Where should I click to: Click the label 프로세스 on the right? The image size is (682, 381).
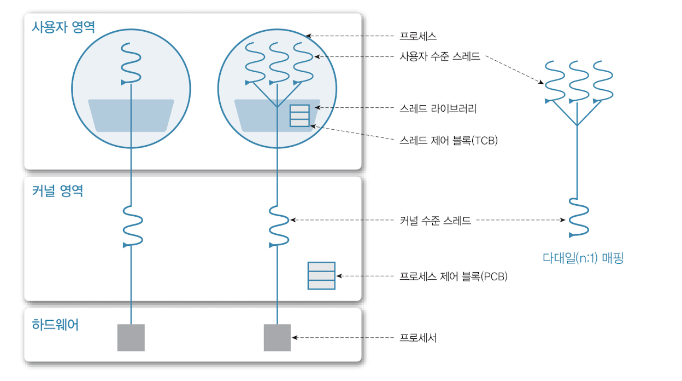(418, 36)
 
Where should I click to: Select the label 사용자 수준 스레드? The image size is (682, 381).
(440, 56)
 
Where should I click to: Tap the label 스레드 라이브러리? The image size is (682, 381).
(438, 108)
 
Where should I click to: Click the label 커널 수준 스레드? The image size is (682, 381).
(436, 221)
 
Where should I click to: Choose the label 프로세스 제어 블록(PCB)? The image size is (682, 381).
(454, 276)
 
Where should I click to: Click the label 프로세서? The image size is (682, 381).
(418, 338)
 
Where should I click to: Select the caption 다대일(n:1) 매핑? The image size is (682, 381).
(583, 258)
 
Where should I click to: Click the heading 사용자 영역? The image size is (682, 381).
(63, 27)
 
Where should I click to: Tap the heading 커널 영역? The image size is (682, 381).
(57, 191)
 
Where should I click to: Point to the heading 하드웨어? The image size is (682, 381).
(55, 325)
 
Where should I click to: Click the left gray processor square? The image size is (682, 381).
(131, 337)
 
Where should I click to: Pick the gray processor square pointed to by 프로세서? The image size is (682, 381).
(277, 337)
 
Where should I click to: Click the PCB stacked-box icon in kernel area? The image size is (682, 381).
(321, 276)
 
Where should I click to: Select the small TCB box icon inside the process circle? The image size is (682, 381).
(299, 116)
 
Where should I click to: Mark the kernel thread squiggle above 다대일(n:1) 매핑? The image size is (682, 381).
(578, 217)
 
